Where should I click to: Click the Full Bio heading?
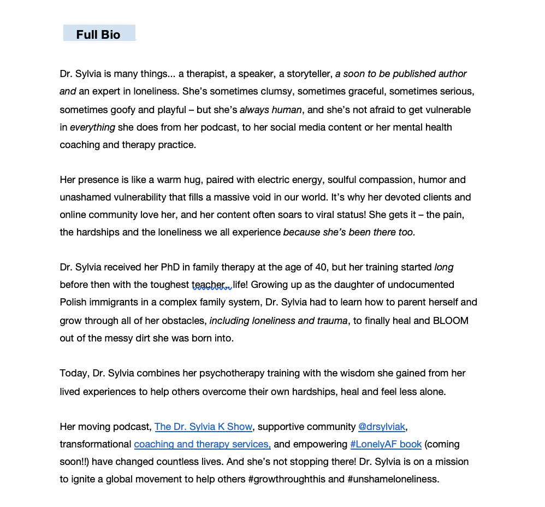pyautogui.click(x=98, y=34)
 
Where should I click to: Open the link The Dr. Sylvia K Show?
pyautogui.click(x=203, y=427)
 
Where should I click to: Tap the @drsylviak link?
pyautogui.click(x=381, y=427)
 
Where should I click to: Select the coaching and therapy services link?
pyautogui.click(x=202, y=444)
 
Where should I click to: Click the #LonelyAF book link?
pyautogui.click(x=386, y=444)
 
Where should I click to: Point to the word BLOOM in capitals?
pyautogui.click(x=451, y=321)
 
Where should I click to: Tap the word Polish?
pyautogui.click(x=74, y=302)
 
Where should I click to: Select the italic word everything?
pyautogui.click(x=92, y=127)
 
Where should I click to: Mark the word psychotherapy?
pyautogui.click(x=230, y=374)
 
